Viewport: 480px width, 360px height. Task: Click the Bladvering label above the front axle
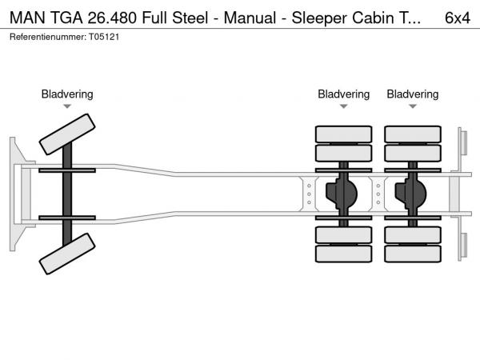67,94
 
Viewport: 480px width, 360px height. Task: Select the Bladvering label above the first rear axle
343,94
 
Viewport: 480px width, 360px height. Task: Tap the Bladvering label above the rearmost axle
413,94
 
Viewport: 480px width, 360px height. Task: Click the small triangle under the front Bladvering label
67,106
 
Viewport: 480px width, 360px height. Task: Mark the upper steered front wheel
67,134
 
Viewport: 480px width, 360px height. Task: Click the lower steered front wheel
67,255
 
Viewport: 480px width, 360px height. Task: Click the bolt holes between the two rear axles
378,194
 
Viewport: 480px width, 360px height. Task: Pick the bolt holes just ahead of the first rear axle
309,194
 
